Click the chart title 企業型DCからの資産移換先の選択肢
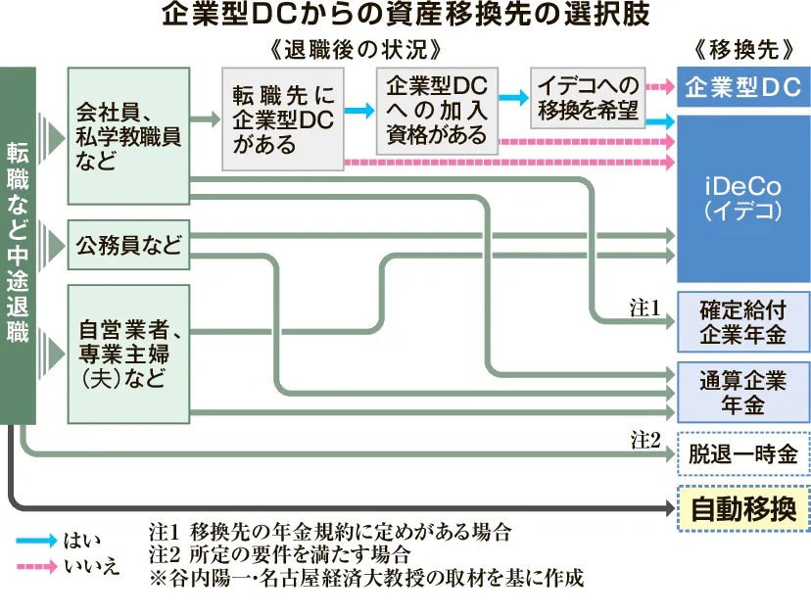click(x=405, y=17)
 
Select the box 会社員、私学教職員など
click(x=128, y=135)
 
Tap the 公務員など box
click(x=128, y=246)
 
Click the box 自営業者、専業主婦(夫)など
click(x=128, y=353)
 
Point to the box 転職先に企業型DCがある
click(x=284, y=118)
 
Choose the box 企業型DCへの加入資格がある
click(x=437, y=110)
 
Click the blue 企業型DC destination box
click(x=742, y=88)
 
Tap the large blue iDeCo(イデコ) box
click(x=742, y=197)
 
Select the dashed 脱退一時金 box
click(x=742, y=454)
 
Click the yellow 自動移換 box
click(x=742, y=509)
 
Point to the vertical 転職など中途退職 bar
click(x=19, y=245)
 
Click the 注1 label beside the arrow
click(x=646, y=308)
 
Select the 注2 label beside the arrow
click(x=646, y=439)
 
